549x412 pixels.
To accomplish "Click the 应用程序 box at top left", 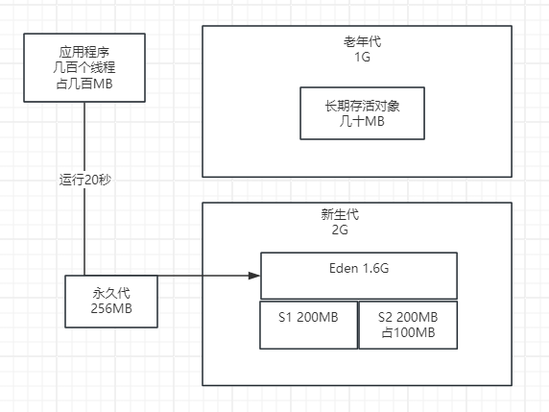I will click(x=84, y=67).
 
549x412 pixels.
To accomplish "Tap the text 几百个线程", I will click(x=84, y=67).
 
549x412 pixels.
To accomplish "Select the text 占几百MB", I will click(x=84, y=85).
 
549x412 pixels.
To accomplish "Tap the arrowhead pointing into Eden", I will click(x=254, y=276).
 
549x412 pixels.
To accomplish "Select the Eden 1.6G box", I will click(x=359, y=276).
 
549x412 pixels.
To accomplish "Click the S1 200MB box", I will click(x=308, y=325).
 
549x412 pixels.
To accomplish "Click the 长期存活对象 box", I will click(x=361, y=113).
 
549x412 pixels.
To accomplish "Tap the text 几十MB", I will click(x=361, y=122).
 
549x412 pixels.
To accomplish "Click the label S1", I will click(x=283, y=317).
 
